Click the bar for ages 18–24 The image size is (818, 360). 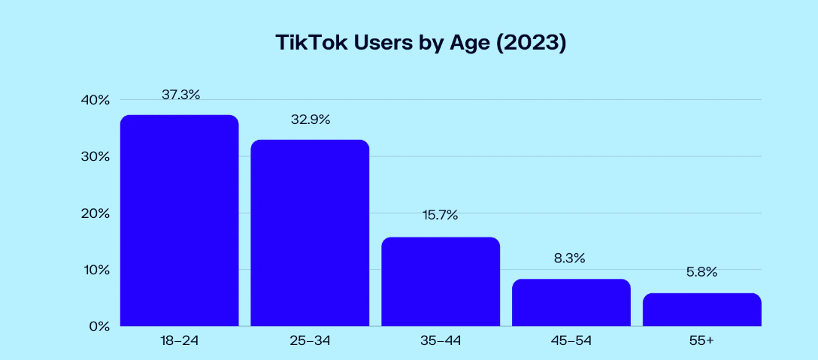pyautogui.click(x=180, y=221)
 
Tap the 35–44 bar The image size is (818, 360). pyautogui.click(x=441, y=282)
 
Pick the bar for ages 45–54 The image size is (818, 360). pyautogui.click(x=571, y=303)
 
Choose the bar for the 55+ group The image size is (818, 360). pyautogui.click(x=702, y=310)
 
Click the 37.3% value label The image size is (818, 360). pyautogui.click(x=180, y=95)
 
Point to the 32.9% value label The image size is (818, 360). pyautogui.click(x=311, y=120)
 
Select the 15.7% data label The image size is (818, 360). pyautogui.click(x=441, y=215)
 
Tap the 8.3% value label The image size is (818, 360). pyautogui.click(x=571, y=258)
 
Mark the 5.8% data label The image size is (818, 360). pyautogui.click(x=701, y=271)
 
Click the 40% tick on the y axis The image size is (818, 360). pyautogui.click(x=96, y=100)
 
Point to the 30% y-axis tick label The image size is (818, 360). pyautogui.click(x=96, y=156)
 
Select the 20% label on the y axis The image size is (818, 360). pyautogui.click(x=96, y=213)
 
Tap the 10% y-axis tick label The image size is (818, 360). pyautogui.click(x=96, y=270)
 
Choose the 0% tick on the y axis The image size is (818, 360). pyautogui.click(x=99, y=326)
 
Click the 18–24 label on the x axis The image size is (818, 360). pyautogui.click(x=180, y=341)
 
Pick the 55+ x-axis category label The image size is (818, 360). pyautogui.click(x=701, y=341)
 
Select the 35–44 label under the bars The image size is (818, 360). pyautogui.click(x=441, y=341)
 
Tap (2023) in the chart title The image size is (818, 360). pyautogui.click(x=532, y=44)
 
